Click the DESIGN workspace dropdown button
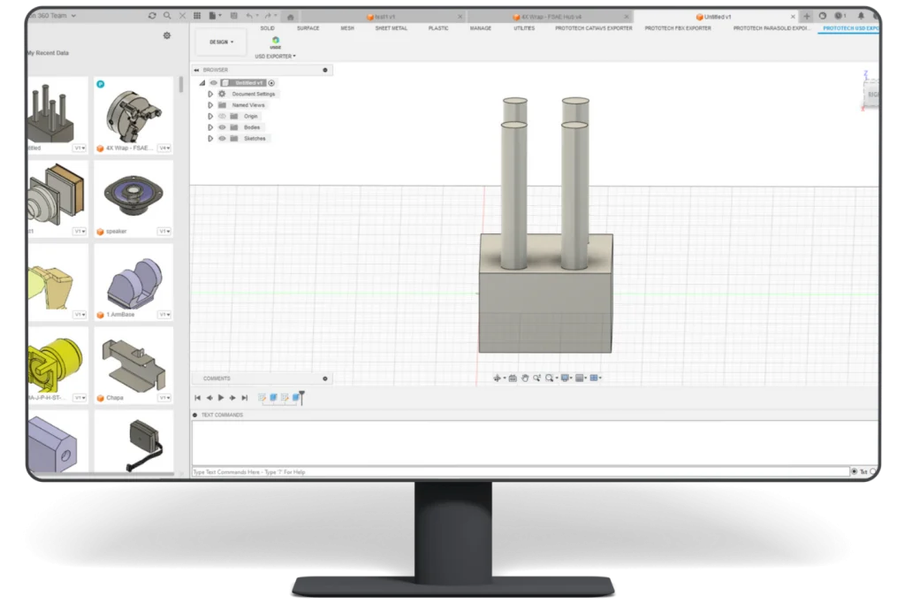pos(220,42)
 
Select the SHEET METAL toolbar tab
pos(392,28)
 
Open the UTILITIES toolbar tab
pos(524,28)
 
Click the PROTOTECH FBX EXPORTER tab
pos(678,28)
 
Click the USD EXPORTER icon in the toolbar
pos(275,42)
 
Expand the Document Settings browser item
pos(210,94)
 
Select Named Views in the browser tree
pos(248,105)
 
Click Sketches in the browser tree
pos(255,139)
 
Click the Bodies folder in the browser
pos(252,127)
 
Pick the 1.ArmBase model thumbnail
pos(133,278)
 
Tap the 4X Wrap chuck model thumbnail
pos(133,111)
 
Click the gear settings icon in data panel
pos(167,35)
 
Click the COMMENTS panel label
pos(217,378)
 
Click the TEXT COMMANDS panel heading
pos(222,415)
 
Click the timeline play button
pos(221,398)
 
